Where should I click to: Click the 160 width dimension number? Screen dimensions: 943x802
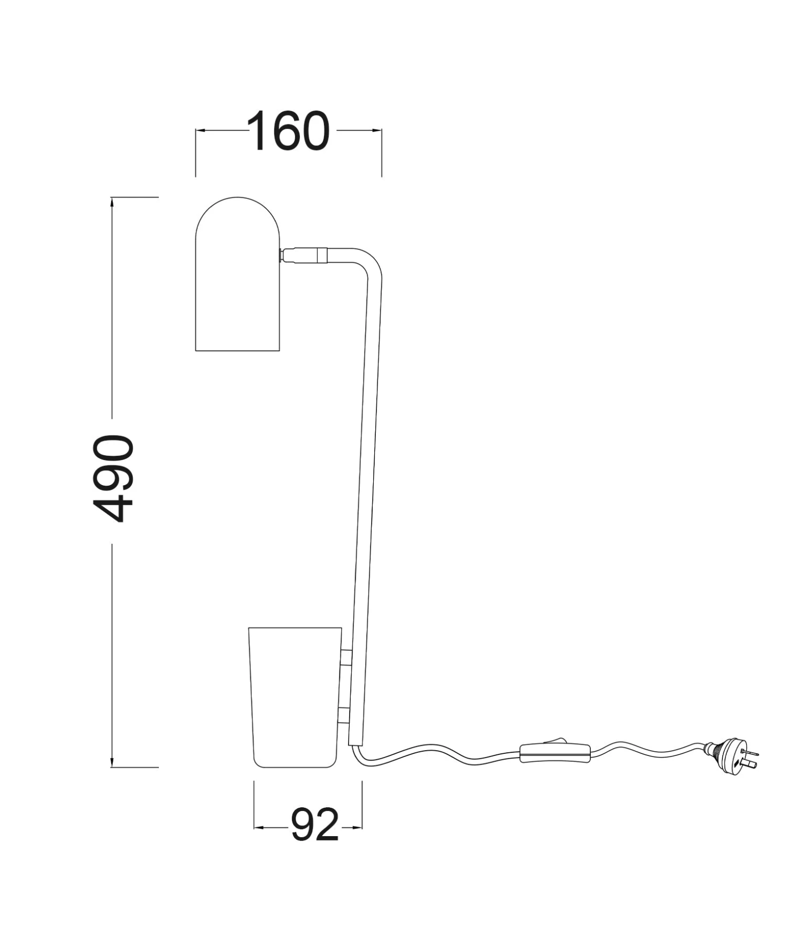pos(288,131)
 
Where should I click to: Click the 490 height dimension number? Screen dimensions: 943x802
pos(113,479)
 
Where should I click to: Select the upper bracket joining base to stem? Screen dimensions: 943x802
pos(346,657)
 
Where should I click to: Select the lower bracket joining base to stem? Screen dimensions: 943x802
pos(343,715)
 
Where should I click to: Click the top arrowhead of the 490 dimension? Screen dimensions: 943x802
pos(112,202)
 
